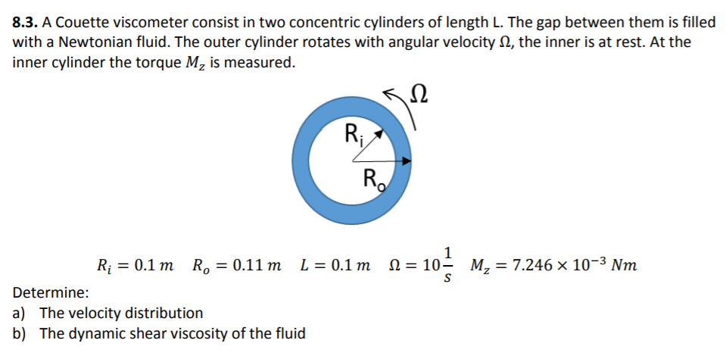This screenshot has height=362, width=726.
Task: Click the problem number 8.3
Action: coord(28,22)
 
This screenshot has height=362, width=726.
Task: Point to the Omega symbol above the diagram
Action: coord(418,96)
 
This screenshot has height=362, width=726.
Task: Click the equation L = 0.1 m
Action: coord(335,266)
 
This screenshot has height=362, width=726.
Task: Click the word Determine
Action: coord(50,292)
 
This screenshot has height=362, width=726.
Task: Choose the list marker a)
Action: coord(20,313)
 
